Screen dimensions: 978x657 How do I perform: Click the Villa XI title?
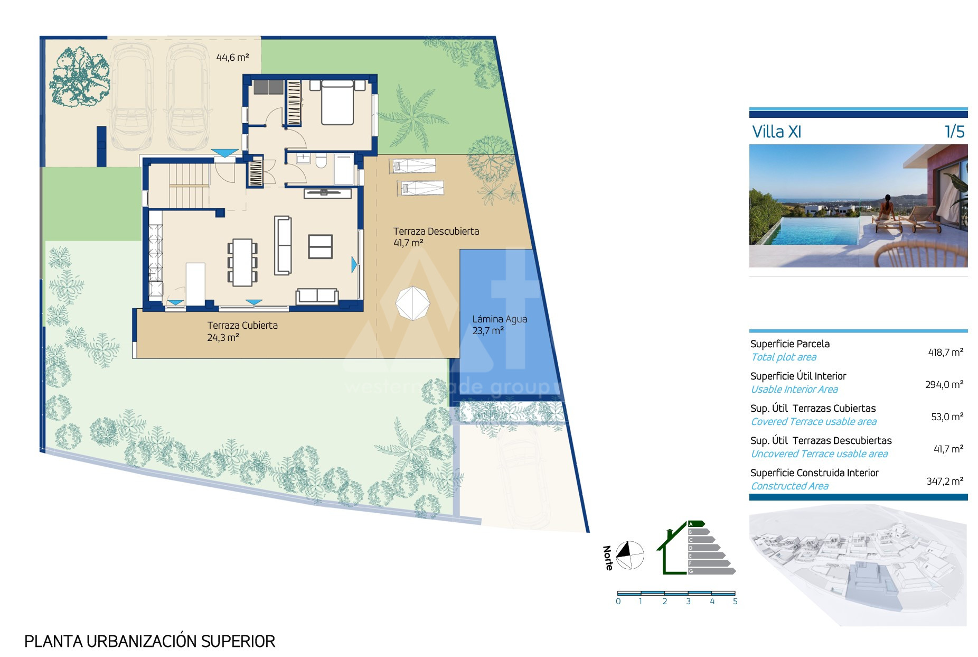coord(776,132)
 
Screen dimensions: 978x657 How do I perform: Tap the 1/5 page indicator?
coord(954,132)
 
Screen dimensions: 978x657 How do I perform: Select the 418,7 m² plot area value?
coord(945,352)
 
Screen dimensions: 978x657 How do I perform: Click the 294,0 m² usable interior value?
coord(944,384)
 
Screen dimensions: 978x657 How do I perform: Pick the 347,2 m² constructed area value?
coord(945,481)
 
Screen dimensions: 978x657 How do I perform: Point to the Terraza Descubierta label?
coord(436,231)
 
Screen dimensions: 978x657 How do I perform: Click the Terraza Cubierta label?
coord(242,325)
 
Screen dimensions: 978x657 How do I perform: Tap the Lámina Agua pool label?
coord(500,319)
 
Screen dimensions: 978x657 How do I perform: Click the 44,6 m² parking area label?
coord(232,57)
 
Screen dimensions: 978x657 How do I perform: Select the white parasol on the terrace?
coord(413,303)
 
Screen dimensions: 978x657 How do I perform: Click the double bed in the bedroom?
coord(337,103)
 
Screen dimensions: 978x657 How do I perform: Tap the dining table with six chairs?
coord(242,263)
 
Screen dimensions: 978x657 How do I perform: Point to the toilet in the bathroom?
coord(321,161)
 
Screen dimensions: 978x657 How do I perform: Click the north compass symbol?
coord(630,555)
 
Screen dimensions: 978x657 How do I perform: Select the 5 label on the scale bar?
coord(735,602)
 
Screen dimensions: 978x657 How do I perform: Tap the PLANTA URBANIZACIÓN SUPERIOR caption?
coord(150,641)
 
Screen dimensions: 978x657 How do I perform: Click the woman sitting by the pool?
coord(885,210)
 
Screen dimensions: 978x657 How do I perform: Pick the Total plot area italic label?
coord(784,357)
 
